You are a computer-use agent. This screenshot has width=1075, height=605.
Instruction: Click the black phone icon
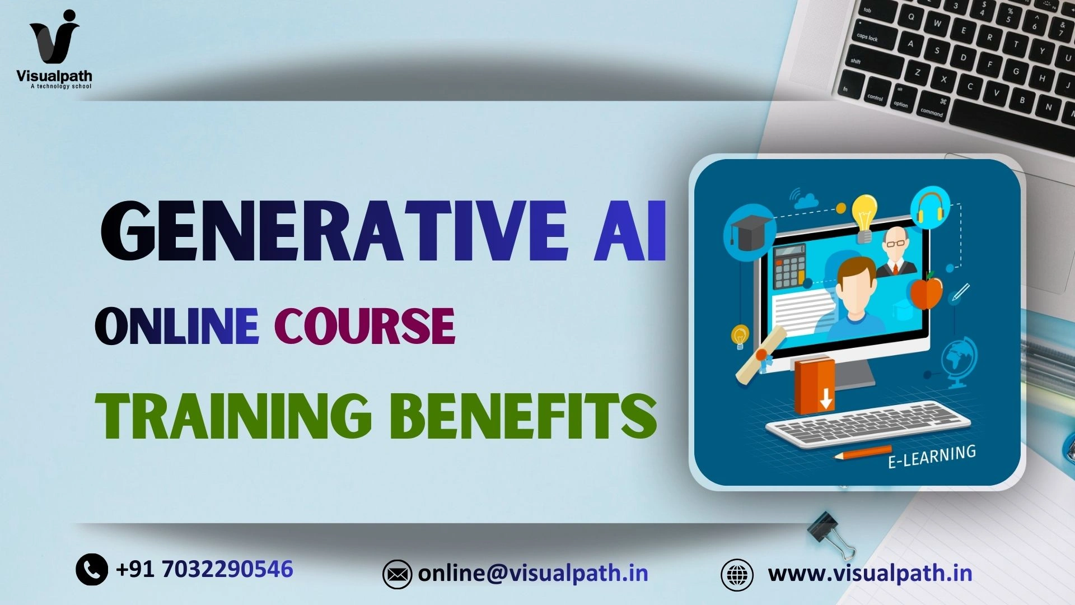pos(92,570)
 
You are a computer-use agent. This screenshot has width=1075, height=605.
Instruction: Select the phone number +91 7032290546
pos(204,569)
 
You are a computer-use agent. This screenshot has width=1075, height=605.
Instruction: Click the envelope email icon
pos(397,574)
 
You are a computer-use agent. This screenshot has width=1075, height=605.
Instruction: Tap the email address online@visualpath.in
pos(533,573)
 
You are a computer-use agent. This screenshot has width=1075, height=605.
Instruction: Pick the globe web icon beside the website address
pos(737,575)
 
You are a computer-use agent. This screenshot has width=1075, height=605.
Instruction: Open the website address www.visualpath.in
pos(870,573)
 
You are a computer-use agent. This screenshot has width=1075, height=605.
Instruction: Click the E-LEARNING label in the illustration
pos(932,456)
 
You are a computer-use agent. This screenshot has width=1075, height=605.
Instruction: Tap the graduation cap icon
pos(749,234)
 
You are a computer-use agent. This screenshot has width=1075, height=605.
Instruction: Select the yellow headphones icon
pos(930,208)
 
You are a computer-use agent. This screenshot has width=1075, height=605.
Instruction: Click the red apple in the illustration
pos(926,291)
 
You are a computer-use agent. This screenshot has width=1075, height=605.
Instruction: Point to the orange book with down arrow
pos(815,385)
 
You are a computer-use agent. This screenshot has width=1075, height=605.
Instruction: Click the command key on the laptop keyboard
pos(932,110)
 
